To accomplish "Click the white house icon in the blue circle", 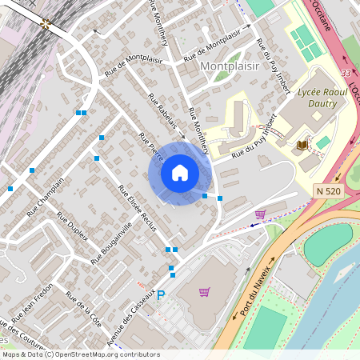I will [180, 173].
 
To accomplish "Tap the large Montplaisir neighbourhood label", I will [230, 66].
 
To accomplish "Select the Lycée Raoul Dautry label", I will [322, 98].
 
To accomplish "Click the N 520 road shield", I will [329, 190].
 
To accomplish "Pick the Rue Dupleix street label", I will [72, 229].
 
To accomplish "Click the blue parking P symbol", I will [160, 295].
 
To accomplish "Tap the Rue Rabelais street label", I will [166, 113].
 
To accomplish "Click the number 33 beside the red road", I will [345, 73].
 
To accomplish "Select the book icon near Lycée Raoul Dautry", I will [302, 145].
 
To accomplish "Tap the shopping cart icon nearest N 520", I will [260, 214].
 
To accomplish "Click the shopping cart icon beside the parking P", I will [204, 292].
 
